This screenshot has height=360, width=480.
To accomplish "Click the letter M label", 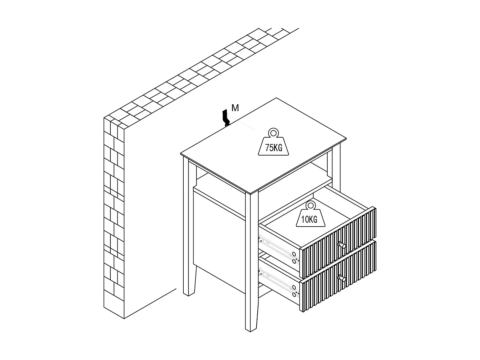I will click(235, 108).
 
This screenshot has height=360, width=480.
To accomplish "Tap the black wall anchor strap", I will click(226, 118).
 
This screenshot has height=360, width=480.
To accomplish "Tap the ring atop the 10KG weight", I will click(309, 205).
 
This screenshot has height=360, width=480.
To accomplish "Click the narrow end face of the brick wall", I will click(114, 218).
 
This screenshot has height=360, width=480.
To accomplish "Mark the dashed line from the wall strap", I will click(243, 124).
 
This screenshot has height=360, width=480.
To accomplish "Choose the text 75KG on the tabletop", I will click(273, 148).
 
